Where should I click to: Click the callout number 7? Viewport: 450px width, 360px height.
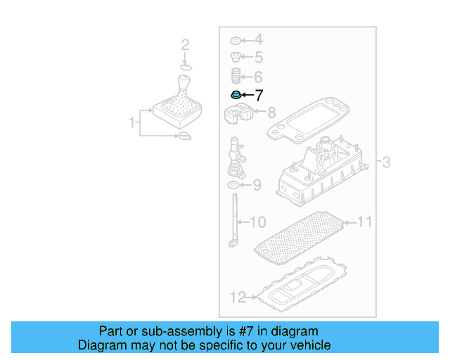[x=259, y=95]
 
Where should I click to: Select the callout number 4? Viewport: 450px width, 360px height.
[x=258, y=39]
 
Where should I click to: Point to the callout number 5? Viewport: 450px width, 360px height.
[x=258, y=58]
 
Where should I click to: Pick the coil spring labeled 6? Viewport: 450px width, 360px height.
[x=236, y=76]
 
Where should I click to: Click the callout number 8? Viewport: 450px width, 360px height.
[x=271, y=111]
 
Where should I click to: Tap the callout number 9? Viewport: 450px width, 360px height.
[x=257, y=186]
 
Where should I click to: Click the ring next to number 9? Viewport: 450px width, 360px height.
[x=233, y=186]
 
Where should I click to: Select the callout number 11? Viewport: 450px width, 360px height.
[x=364, y=222]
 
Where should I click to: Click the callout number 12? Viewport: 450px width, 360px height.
[x=238, y=297]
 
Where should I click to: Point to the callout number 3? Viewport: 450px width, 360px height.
[x=386, y=163]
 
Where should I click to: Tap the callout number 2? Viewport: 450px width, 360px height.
[x=185, y=46]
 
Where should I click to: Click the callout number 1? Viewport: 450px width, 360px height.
[x=131, y=124]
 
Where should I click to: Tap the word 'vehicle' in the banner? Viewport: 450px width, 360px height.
[x=309, y=345]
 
